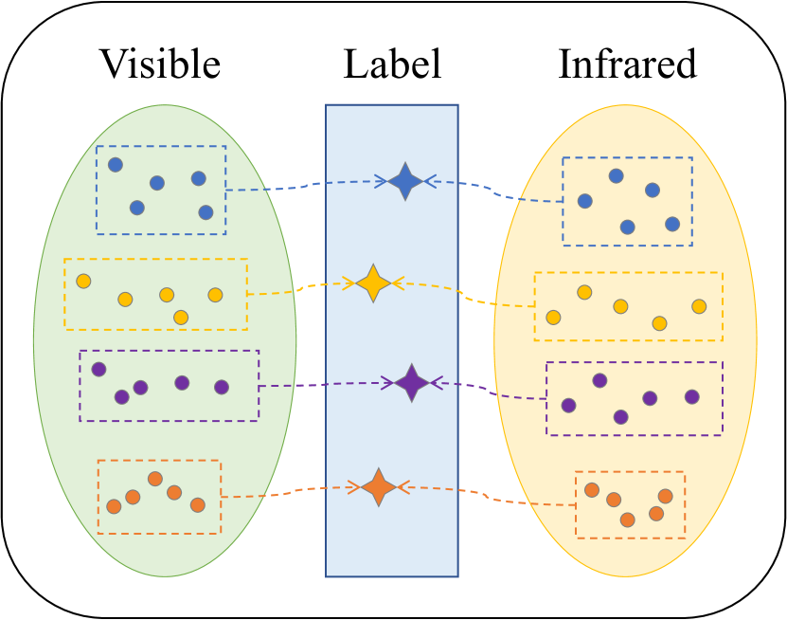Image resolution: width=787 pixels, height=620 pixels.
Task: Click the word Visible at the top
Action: [160, 64]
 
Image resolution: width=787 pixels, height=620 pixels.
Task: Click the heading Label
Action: [392, 64]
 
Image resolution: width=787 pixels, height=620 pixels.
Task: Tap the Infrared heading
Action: [627, 64]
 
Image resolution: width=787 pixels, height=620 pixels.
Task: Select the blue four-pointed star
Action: [405, 181]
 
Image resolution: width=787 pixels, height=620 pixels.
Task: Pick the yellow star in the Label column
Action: [374, 283]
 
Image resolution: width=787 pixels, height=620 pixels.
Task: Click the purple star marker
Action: [411, 383]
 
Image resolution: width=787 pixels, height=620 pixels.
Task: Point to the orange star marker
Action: [379, 487]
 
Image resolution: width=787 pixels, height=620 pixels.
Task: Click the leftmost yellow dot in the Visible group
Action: [83, 282]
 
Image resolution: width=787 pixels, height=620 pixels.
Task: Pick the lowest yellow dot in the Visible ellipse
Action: [181, 317]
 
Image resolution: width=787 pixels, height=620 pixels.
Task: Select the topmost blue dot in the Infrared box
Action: [616, 175]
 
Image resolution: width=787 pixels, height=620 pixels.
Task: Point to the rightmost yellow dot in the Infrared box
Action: [699, 306]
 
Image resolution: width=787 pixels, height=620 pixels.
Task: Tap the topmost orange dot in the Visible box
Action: [155, 479]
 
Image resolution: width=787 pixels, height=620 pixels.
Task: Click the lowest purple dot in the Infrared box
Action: [620, 416]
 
